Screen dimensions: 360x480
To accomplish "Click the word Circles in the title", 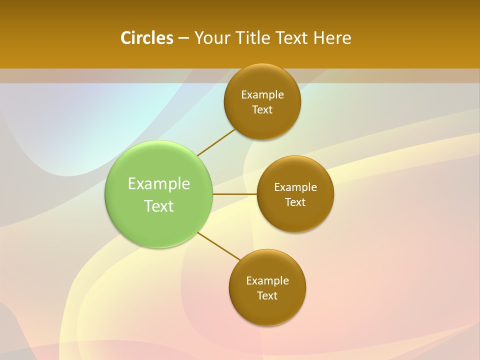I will click(146, 38).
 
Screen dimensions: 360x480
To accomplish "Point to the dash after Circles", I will click(183, 38).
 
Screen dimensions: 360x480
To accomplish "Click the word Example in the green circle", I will click(159, 184).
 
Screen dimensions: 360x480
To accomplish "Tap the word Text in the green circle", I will click(159, 206).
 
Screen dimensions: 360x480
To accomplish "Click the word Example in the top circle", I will click(262, 95).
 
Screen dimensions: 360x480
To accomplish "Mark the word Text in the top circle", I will click(262, 110).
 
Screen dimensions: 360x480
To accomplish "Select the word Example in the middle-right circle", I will click(295, 187).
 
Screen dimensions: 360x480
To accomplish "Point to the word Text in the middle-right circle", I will click(295, 202).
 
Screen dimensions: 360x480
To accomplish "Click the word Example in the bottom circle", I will click(267, 281).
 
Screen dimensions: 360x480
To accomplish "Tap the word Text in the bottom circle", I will click(267, 296).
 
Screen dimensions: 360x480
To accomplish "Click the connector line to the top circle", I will click(216, 142).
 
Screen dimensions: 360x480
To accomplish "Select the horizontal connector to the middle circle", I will click(234, 194).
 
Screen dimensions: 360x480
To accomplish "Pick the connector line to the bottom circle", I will click(219, 245).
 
